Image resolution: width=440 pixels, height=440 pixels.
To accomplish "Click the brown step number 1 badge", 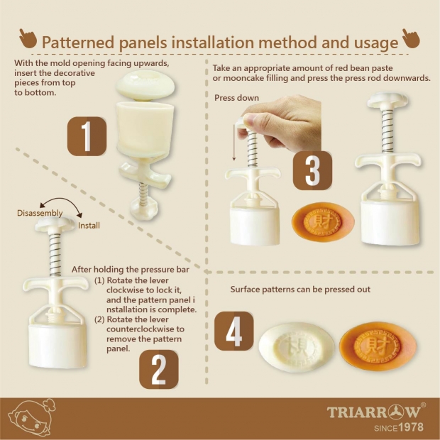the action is pyautogui.click(x=87, y=136).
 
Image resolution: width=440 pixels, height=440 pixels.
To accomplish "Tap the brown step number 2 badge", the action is pyautogui.click(x=159, y=369).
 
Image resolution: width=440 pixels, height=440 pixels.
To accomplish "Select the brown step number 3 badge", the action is pyautogui.click(x=312, y=170).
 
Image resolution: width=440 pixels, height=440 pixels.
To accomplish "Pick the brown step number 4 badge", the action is pyautogui.click(x=234, y=331).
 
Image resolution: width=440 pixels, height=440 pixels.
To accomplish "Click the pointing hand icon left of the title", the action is pyautogui.click(x=28, y=38).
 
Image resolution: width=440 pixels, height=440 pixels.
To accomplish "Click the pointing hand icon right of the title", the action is pyautogui.click(x=411, y=38).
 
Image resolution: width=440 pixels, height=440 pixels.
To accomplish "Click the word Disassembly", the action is pyautogui.click(x=40, y=213).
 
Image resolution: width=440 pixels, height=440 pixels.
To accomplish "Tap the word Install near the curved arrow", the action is pyautogui.click(x=89, y=226).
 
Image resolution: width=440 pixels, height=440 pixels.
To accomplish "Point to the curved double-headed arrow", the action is pyautogui.click(x=61, y=200).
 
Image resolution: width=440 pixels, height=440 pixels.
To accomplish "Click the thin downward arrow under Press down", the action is pyautogui.click(x=233, y=143).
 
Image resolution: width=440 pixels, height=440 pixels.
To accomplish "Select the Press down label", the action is pyautogui.click(x=236, y=98).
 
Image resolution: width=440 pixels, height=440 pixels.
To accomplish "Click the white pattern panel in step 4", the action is pyautogui.click(x=297, y=347).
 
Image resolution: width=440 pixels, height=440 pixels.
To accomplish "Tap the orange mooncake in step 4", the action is pyautogui.click(x=378, y=346).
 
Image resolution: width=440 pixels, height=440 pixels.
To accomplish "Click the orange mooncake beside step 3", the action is pyautogui.click(x=323, y=221).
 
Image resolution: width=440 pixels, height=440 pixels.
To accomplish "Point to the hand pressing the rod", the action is pyautogui.click(x=280, y=123).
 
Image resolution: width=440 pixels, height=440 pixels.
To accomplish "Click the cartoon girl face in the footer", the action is pyautogui.click(x=31, y=418).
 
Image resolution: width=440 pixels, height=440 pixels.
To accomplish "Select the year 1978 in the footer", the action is pyautogui.click(x=411, y=427).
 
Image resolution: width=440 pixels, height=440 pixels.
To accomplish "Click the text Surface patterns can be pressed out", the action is pyautogui.click(x=300, y=290).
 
